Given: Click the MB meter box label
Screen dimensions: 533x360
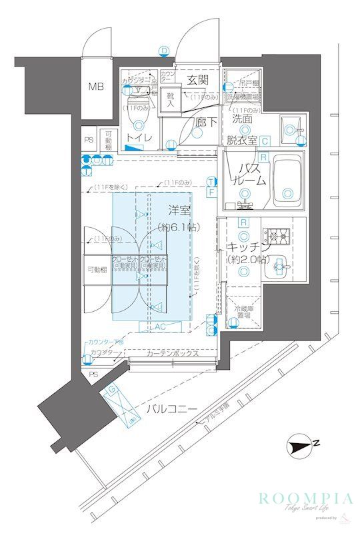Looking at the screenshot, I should click(x=97, y=87).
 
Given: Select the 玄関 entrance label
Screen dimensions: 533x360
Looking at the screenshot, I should click(x=197, y=79).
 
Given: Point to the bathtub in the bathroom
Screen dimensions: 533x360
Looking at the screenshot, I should click(x=287, y=178).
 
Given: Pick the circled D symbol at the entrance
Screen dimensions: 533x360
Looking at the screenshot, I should click(x=164, y=49).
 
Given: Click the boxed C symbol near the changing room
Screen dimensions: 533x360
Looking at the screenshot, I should click(x=264, y=141).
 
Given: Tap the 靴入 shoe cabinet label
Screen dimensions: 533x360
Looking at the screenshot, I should click(x=171, y=101).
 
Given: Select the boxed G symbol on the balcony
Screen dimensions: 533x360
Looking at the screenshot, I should click(x=113, y=388).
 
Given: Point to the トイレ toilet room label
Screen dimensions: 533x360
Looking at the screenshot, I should click(x=139, y=139).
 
